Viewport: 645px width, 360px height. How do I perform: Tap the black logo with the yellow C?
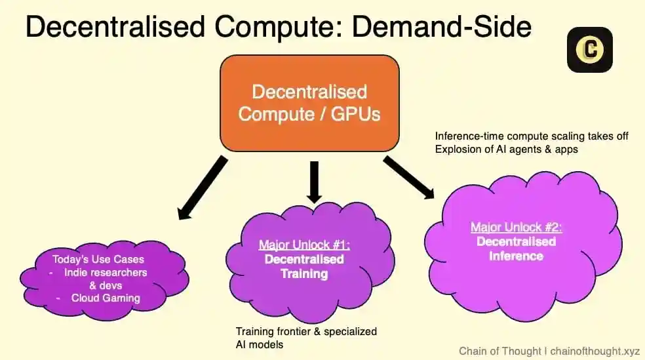589,49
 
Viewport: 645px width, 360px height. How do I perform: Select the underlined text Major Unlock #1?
304,245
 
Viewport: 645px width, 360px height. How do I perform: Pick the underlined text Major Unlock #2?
516,228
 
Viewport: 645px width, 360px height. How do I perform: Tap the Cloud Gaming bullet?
106,298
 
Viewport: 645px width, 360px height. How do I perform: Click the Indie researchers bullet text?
106,272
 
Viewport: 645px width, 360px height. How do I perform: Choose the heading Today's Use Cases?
106,259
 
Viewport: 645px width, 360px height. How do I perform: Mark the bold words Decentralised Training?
304,266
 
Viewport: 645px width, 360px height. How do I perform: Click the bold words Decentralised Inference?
516,249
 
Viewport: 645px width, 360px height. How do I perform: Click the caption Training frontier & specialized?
306,332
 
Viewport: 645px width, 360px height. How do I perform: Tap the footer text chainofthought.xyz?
595,351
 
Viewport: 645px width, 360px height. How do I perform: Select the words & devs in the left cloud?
106,285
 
